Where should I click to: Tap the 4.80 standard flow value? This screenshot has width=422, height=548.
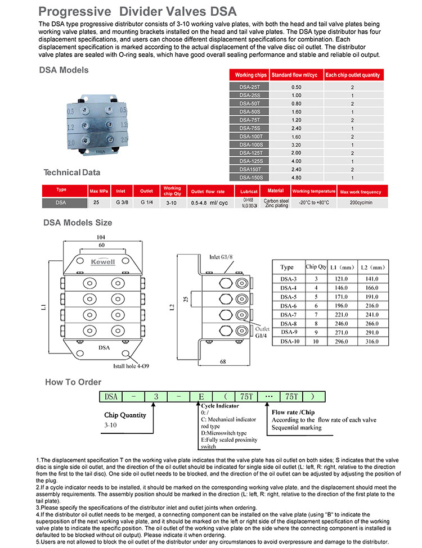296,177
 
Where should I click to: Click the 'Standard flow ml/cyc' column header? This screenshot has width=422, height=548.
296,75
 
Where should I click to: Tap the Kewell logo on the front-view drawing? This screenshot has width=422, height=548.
102,261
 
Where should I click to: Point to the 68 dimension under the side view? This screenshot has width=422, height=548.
224,361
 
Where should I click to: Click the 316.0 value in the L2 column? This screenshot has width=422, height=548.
371,341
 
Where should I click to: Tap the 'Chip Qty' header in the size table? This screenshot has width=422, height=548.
316,266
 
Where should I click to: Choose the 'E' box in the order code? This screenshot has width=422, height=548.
201,396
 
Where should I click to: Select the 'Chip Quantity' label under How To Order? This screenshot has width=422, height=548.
125,415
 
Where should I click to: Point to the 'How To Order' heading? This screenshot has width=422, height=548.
73,382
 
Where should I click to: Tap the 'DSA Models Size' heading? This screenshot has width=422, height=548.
78,223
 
